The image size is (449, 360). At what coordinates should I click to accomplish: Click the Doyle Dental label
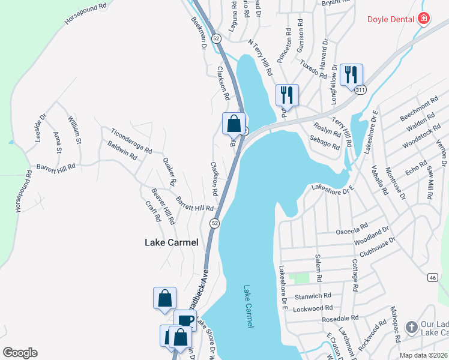(x=391, y=19)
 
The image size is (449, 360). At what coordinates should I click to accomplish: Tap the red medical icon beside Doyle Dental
(x=424, y=19)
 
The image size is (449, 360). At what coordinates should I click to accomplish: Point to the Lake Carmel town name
(x=171, y=243)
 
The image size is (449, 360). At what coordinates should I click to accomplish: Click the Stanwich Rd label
(x=313, y=296)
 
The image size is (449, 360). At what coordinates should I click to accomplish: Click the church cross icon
(x=411, y=328)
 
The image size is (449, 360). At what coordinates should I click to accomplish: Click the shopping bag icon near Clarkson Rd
(x=234, y=124)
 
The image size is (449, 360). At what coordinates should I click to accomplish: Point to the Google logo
(x=20, y=353)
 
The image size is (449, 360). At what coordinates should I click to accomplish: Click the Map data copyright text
(x=424, y=355)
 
